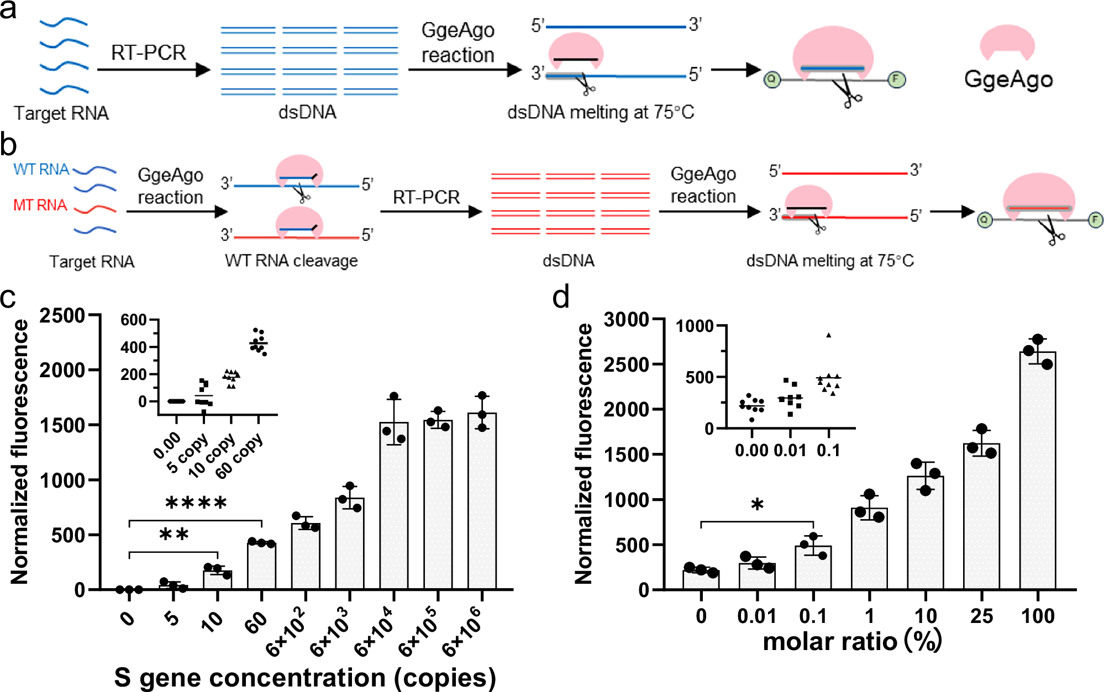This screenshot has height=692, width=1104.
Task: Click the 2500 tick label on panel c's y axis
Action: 62,316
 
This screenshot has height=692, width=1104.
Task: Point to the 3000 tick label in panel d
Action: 626,320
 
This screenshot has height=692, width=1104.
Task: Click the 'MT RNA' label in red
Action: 40,205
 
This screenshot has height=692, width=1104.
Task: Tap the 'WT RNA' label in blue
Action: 41,170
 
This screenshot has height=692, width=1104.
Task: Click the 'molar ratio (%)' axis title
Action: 852,642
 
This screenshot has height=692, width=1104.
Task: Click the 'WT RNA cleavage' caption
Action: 291,261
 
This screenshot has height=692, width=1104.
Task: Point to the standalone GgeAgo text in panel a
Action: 1008,80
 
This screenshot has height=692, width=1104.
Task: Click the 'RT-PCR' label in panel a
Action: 148,53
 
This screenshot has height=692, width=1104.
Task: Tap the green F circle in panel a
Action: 896,80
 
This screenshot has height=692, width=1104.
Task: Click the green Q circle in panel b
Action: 984,220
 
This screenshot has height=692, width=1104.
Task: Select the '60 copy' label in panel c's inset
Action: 239,456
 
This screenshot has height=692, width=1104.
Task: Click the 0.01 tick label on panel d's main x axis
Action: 756,616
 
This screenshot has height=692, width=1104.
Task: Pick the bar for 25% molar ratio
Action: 981,516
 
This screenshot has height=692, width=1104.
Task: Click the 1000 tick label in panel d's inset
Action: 695,326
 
